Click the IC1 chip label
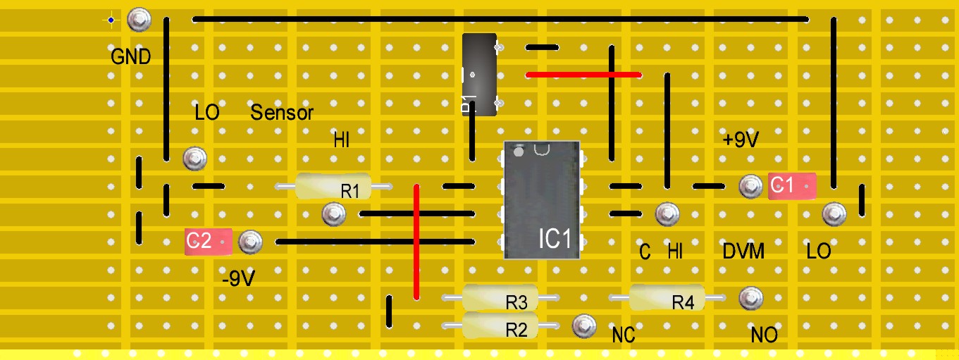(555, 239)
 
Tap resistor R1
(333, 187)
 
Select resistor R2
(500, 326)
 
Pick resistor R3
(500, 299)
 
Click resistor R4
(667, 299)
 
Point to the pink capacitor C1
(791, 186)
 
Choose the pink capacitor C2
(208, 242)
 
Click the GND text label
(131, 57)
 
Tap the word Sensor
(282, 113)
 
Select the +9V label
(741, 140)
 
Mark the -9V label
(237, 280)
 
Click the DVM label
(743, 251)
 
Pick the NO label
(764, 335)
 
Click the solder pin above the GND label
(139, 20)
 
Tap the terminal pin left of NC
(583, 325)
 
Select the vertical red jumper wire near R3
(416, 242)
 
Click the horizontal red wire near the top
(584, 74)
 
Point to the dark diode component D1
(478, 73)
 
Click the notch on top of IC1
(542, 149)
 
